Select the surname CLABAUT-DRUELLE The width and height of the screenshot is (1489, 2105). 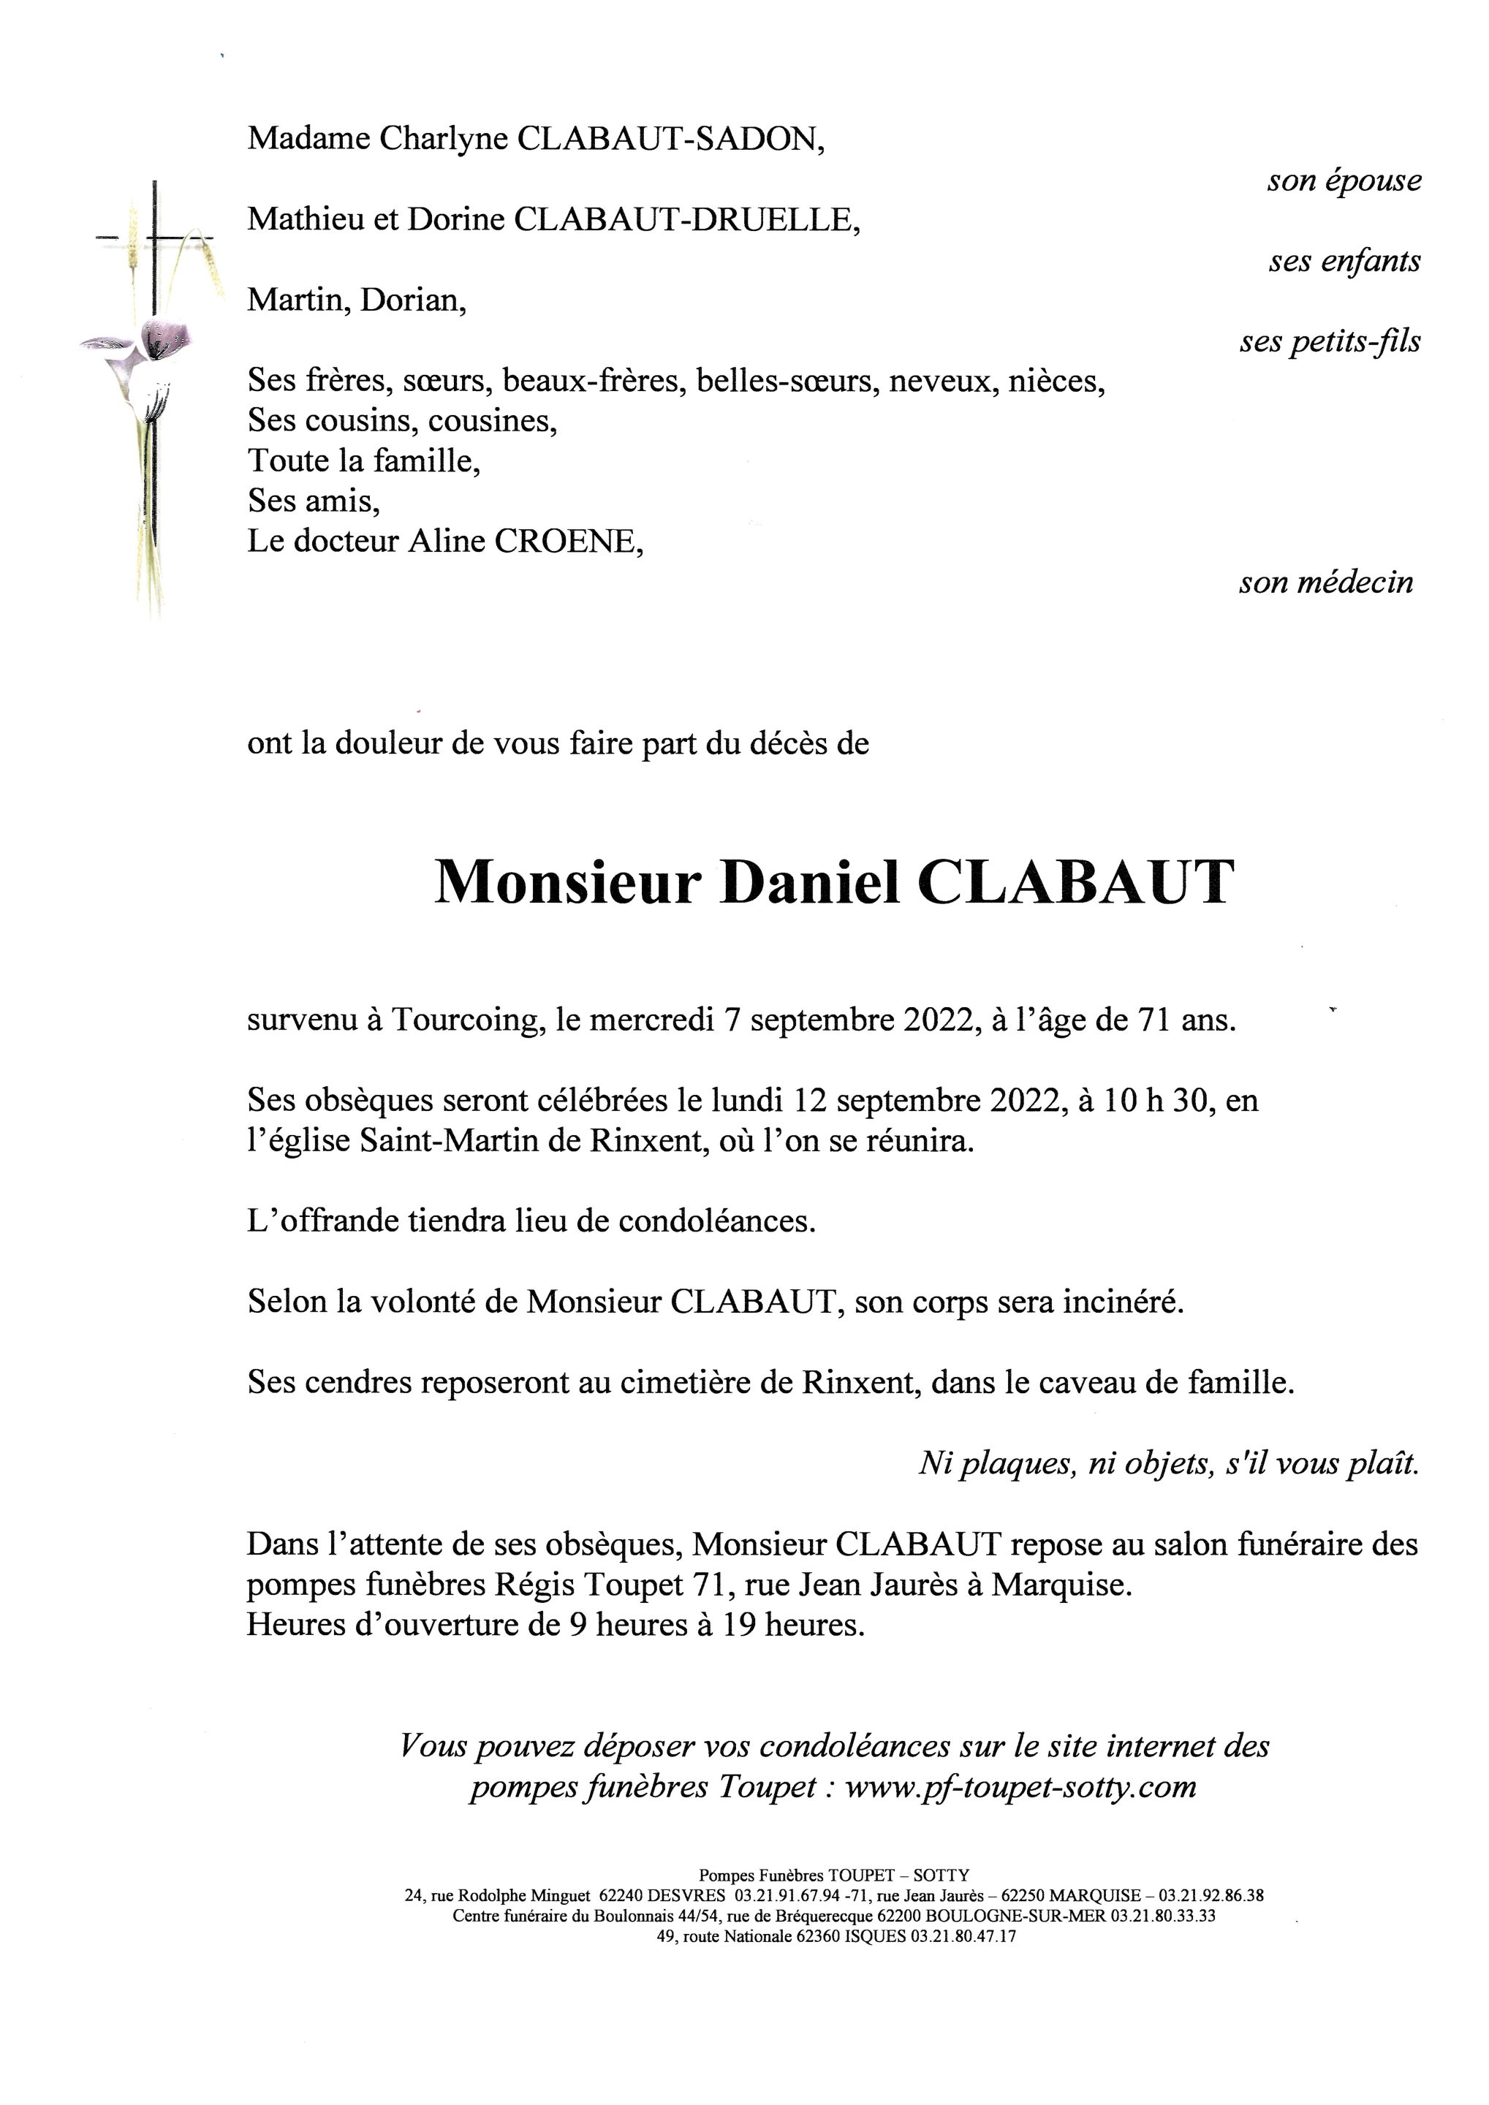pos(686,220)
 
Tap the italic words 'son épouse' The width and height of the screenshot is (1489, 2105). pos(1344,181)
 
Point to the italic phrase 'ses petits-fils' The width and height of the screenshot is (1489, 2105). pos(1330,342)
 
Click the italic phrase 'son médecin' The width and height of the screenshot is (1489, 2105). pos(1326,583)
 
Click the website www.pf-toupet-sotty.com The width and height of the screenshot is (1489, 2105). pos(1020,1787)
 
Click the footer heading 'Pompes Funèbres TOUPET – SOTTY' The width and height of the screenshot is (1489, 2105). pos(833,1875)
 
